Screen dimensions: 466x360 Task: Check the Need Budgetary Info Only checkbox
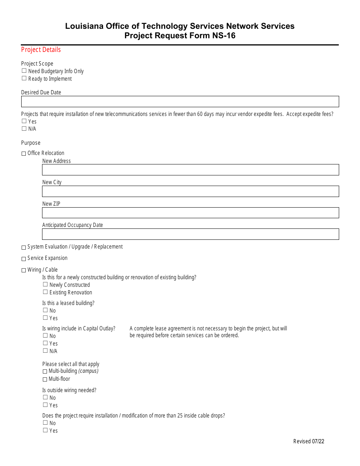tap(24, 71)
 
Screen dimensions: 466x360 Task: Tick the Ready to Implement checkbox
tap(24, 78)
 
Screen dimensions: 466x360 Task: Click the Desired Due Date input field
tap(180, 102)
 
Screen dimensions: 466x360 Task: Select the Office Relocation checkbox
tap(24, 153)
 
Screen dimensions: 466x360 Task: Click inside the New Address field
tap(190, 170)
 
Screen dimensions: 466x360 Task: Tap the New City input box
tap(190, 191)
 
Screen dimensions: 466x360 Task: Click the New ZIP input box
tap(190, 213)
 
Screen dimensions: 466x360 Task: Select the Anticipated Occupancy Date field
tap(190, 234)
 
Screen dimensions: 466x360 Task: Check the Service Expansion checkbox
tap(24, 259)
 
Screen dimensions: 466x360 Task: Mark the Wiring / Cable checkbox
tap(24, 270)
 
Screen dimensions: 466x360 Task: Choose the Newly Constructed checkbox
tap(45, 285)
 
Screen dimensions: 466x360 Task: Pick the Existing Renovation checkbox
tap(45, 292)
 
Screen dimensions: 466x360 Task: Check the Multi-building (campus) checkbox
tap(45, 372)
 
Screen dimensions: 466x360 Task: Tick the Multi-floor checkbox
tap(45, 379)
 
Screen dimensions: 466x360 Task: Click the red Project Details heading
tap(41, 50)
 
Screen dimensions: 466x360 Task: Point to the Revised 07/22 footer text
tap(308, 441)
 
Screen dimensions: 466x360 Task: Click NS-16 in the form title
tap(223, 36)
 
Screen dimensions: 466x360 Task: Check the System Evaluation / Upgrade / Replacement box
tap(24, 247)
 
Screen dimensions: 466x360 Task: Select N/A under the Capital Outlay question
tap(45, 351)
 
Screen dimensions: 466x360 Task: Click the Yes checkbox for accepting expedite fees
tap(24, 121)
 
